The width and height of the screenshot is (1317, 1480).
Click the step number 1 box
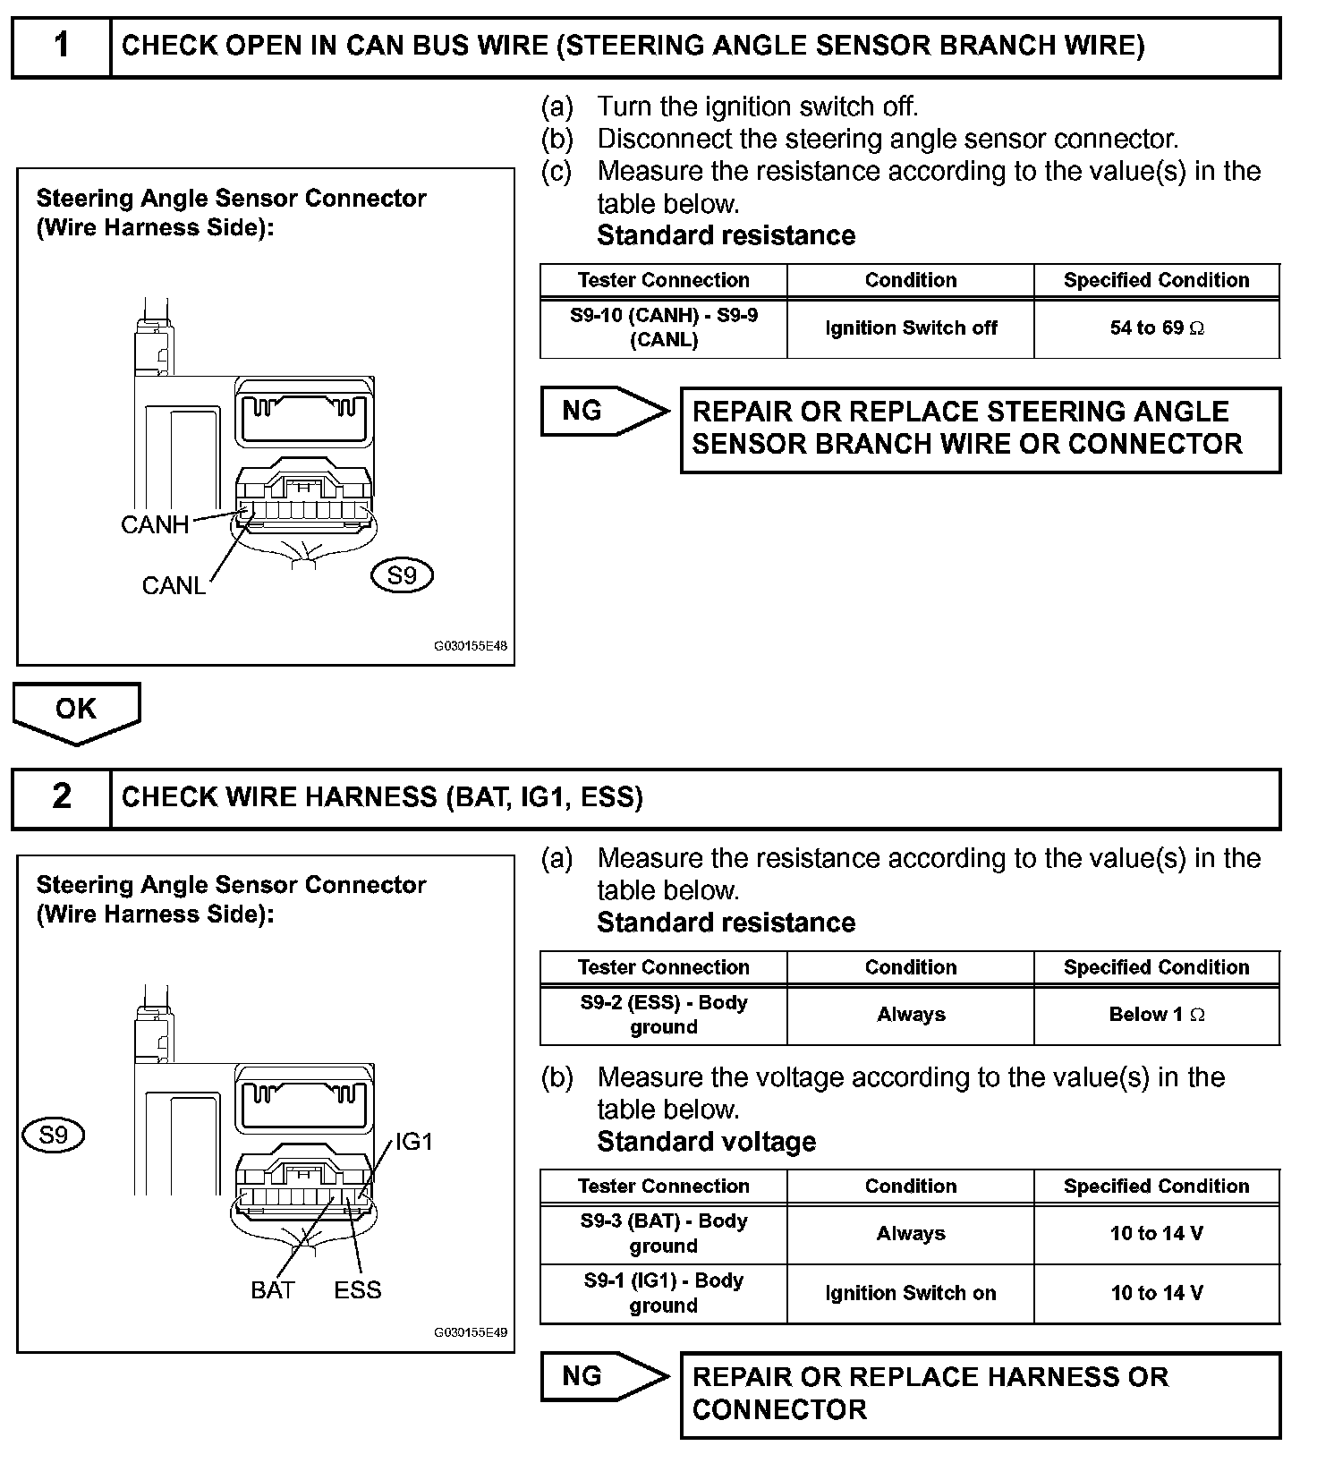(x=61, y=46)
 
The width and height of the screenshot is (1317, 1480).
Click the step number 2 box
(x=61, y=796)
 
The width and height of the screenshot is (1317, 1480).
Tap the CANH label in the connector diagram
(x=155, y=525)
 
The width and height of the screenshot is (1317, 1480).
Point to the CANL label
(x=174, y=586)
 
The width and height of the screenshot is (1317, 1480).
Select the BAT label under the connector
(x=273, y=1290)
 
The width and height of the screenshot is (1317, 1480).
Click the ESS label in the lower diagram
(x=358, y=1290)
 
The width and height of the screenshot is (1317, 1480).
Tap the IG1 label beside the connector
(x=414, y=1142)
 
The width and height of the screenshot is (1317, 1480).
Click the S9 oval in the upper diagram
(x=402, y=575)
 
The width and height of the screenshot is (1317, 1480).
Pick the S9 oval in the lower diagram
(x=54, y=1136)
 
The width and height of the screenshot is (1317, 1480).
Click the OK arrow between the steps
(x=76, y=710)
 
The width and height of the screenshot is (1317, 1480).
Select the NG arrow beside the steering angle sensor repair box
(x=602, y=412)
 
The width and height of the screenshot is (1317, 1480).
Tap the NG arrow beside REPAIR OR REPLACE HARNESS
(x=602, y=1376)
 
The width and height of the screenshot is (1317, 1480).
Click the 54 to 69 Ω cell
(x=1157, y=328)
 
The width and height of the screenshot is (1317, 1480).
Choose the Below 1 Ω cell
(x=1157, y=1015)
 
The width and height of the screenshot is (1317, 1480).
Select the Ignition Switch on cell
(x=910, y=1294)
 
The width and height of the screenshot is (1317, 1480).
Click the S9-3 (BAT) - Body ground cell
(x=663, y=1234)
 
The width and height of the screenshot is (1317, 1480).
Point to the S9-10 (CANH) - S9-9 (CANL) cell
(x=663, y=328)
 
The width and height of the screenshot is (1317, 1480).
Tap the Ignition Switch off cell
(x=910, y=328)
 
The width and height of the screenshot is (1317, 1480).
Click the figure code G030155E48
(x=471, y=646)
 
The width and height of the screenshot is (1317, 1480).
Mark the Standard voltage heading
(x=706, y=1143)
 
